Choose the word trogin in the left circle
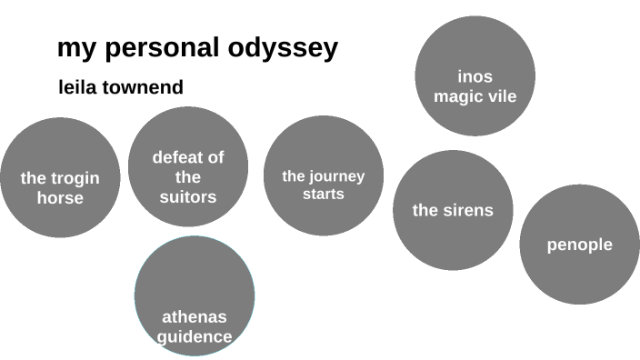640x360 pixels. click(x=75, y=178)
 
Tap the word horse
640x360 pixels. click(x=60, y=197)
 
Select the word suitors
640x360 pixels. click(x=188, y=196)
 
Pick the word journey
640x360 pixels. click(x=335, y=176)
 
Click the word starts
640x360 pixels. click(x=324, y=194)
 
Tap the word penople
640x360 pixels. click(x=580, y=245)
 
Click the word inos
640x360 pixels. click(x=475, y=76)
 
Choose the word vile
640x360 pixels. click(x=500, y=95)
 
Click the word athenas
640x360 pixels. click(x=195, y=317)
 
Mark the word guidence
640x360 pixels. click(x=195, y=336)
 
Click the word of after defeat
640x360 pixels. click(x=215, y=157)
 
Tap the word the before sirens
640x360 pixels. click(x=425, y=211)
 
